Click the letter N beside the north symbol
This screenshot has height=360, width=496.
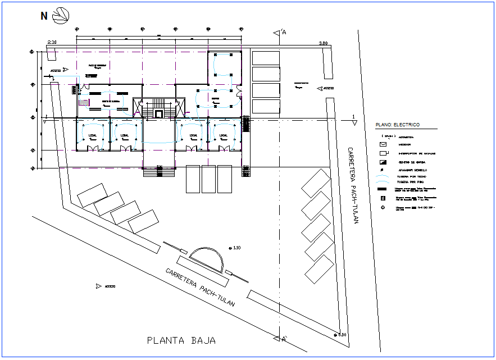[x=44, y=16]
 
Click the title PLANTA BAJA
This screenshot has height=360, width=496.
[x=181, y=340]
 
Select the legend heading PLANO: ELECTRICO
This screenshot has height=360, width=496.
[x=397, y=125]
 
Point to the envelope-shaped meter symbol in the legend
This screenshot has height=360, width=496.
[x=383, y=144]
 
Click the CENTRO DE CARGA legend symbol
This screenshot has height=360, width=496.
[x=383, y=162]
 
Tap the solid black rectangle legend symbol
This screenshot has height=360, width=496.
[x=383, y=190]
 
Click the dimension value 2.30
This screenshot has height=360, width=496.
[x=52, y=43]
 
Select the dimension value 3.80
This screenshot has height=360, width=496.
[x=323, y=43]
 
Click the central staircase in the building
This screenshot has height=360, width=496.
[x=158, y=109]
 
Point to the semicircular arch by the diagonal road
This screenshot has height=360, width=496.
[x=206, y=258]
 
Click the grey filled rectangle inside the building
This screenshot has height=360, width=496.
[x=84, y=102]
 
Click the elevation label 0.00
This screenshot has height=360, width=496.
[x=342, y=335]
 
